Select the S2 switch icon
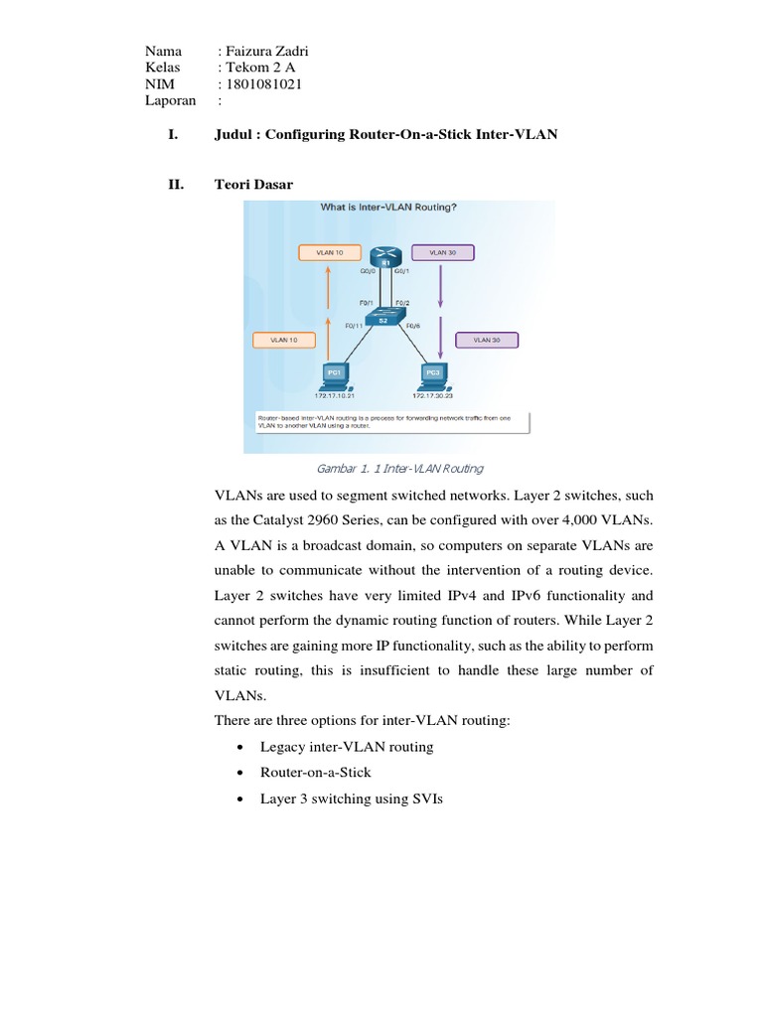(x=381, y=318)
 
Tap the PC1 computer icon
(x=334, y=375)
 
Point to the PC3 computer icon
(x=432, y=375)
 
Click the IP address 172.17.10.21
(x=334, y=395)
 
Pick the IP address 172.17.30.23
(x=433, y=395)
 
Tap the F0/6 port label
(x=414, y=325)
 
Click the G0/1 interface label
(x=402, y=270)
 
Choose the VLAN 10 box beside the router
(x=329, y=253)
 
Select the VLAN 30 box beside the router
(x=442, y=253)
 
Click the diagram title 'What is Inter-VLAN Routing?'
(x=387, y=208)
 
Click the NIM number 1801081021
(x=264, y=84)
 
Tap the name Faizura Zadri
(x=269, y=52)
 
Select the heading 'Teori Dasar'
(x=253, y=184)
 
